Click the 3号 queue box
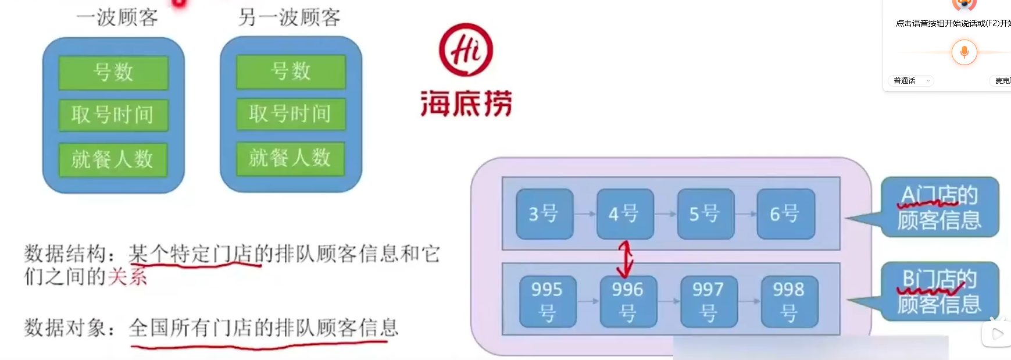tap(544, 214)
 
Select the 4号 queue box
tap(624, 214)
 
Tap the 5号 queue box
tap(705, 214)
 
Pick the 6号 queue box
tap(785, 214)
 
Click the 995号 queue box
tap(547, 301)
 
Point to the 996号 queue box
tap(628, 301)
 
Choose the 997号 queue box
tap(708, 301)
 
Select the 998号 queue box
tap(789, 301)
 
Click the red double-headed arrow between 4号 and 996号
tap(625, 259)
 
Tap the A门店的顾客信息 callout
tap(939, 208)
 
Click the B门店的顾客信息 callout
tap(939, 291)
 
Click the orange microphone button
tap(964, 52)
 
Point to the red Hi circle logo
tap(466, 50)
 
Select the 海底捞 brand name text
tap(466, 104)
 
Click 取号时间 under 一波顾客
tap(113, 115)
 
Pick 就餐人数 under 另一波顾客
tap(290, 158)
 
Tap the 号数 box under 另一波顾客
tap(291, 72)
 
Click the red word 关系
tap(127, 276)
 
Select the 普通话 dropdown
tap(912, 81)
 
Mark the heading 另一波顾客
tap(289, 17)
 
